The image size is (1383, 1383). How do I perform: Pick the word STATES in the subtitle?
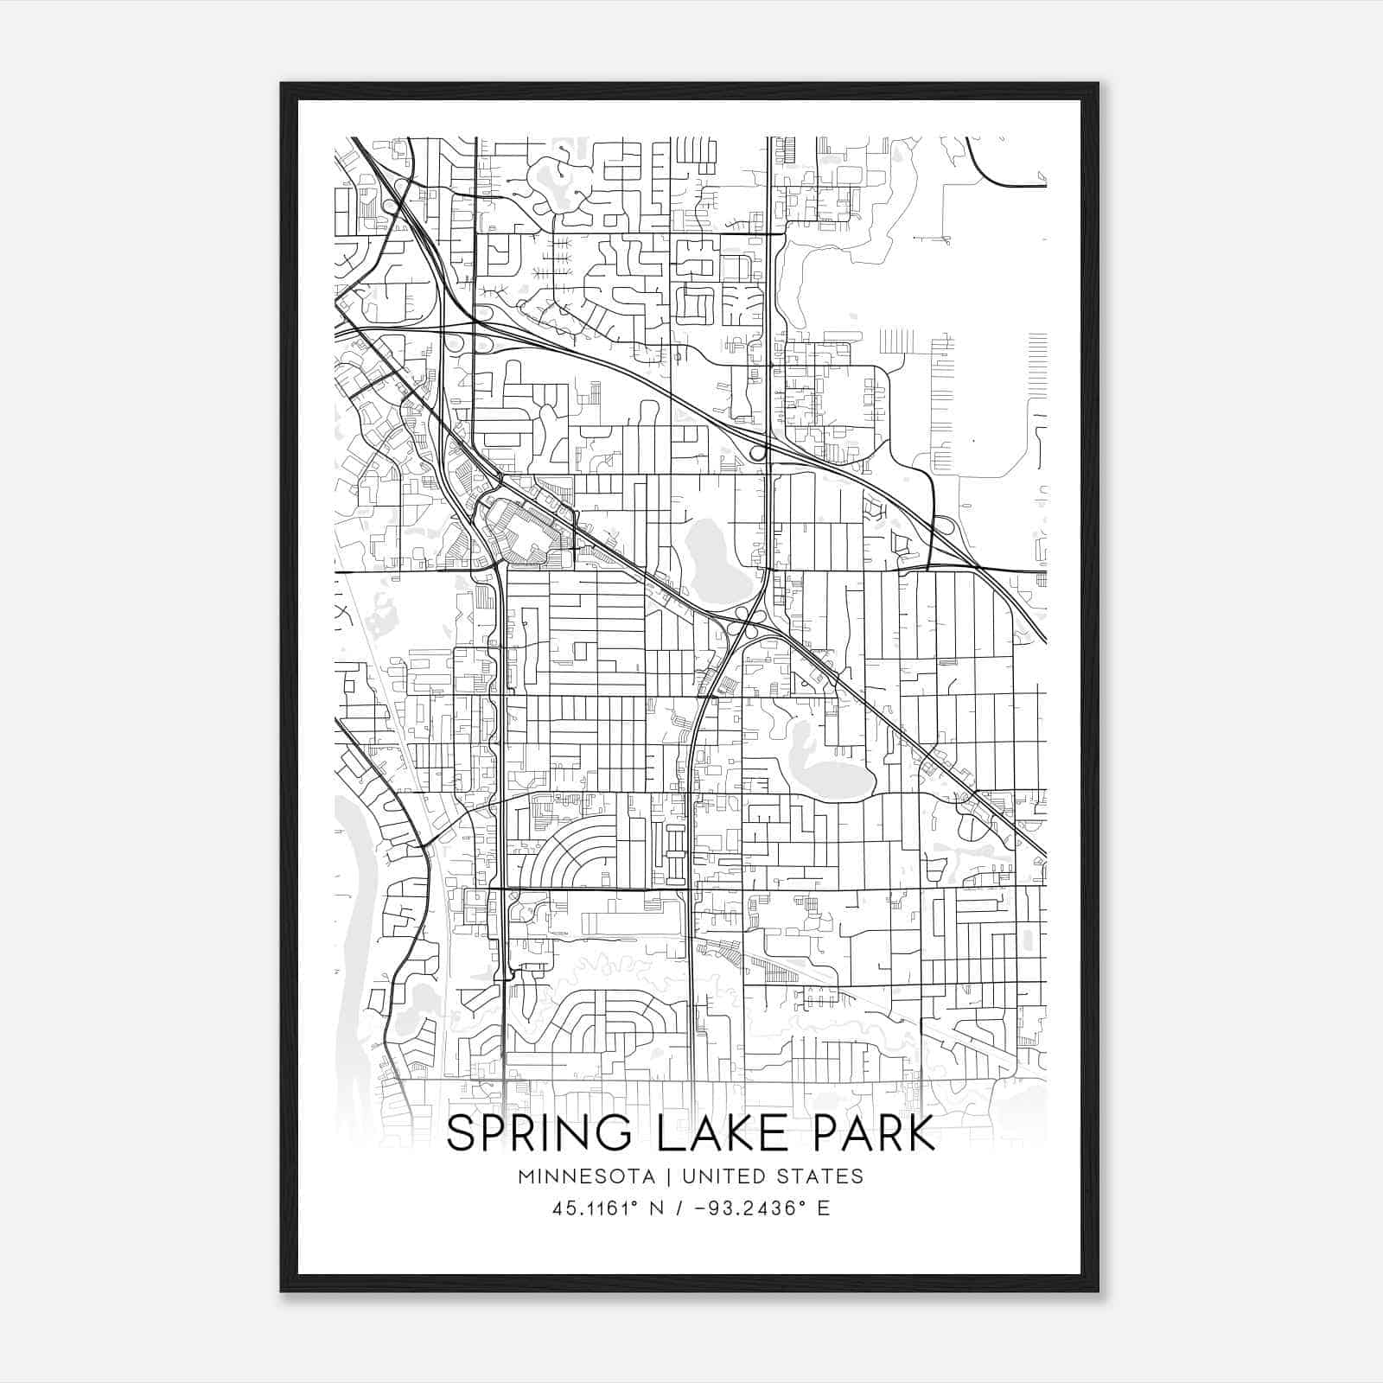click(820, 1176)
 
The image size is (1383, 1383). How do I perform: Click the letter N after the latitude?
click(657, 1208)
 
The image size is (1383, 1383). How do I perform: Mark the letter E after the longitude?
click(823, 1208)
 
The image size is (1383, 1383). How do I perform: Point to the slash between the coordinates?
click(682, 1208)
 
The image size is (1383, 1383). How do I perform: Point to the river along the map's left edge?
click(350, 908)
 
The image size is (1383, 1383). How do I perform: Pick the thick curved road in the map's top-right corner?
click(994, 173)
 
